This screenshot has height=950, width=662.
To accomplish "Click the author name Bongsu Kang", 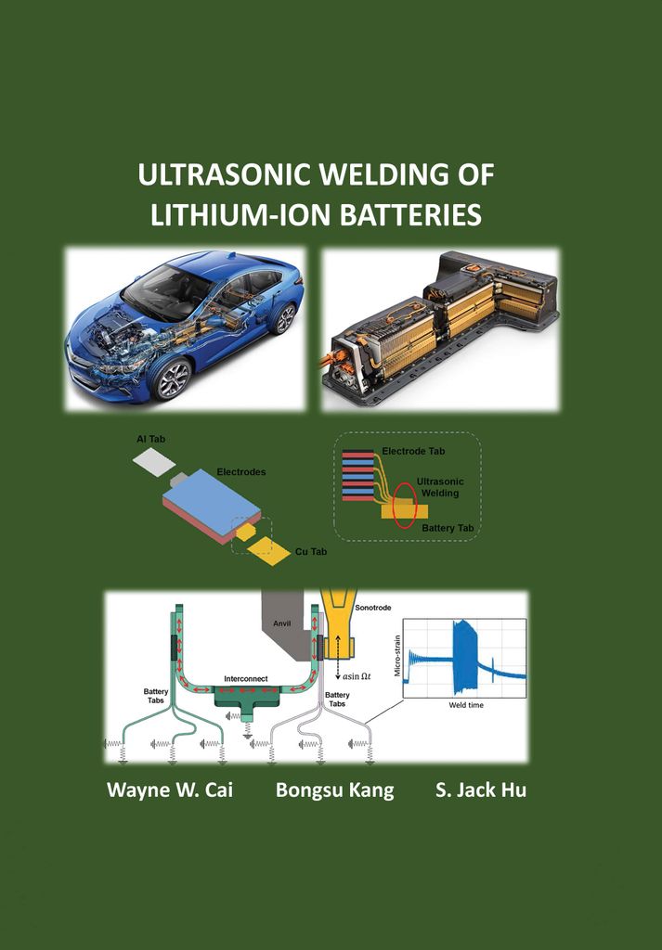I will [334, 790].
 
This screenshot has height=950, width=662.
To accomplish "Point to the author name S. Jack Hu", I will [480, 790].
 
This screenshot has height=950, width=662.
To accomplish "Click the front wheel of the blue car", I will [169, 379].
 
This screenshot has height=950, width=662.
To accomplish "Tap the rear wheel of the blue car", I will [282, 318].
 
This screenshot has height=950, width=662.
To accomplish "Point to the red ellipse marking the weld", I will [404, 507].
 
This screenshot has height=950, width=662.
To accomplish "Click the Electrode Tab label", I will [414, 451].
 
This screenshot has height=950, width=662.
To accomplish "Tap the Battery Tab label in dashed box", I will [448, 527].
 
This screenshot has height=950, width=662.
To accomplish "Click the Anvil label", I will [282, 623].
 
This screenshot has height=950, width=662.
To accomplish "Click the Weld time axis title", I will [465, 705].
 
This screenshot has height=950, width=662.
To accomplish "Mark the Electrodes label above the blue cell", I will [240, 472].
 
